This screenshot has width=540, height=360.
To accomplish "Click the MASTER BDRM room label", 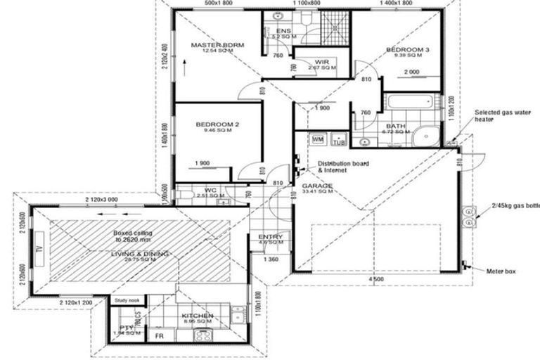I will click(x=217, y=45).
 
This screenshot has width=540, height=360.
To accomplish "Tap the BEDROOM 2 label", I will click(x=217, y=124).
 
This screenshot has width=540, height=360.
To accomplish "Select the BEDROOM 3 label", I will click(x=407, y=50).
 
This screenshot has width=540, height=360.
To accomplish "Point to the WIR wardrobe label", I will click(x=323, y=63).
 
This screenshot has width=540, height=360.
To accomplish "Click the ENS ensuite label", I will click(x=283, y=31).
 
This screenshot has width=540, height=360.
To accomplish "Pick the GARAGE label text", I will click(x=318, y=186).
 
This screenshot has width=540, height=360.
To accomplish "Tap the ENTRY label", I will click(x=271, y=237).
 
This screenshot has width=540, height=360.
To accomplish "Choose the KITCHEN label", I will click(x=197, y=316).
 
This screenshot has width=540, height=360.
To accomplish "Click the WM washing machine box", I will click(x=317, y=139).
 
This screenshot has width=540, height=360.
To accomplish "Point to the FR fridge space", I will click(x=160, y=337).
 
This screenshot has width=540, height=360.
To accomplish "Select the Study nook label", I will click(x=127, y=300).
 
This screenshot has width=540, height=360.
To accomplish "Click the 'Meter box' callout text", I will click(x=503, y=271).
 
